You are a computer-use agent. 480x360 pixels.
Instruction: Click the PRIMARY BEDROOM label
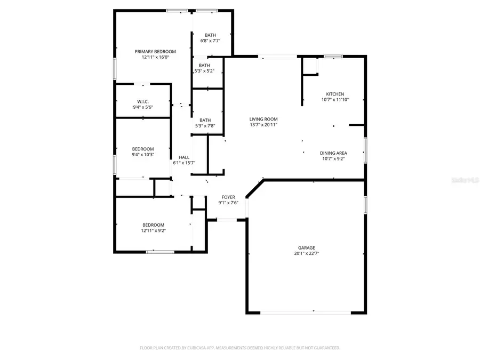coord(155,52)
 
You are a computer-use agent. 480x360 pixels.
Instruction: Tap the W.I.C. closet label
coord(142,101)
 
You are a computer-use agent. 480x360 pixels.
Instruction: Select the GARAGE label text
coord(307,247)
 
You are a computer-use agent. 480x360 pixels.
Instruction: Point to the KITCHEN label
coord(335,94)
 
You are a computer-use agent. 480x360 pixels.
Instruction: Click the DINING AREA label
coord(334,153)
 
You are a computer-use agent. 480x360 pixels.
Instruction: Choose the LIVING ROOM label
coord(263,119)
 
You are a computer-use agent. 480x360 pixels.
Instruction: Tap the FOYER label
coord(228,197)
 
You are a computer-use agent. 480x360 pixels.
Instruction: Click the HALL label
coord(184,157)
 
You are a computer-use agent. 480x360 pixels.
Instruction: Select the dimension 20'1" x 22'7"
coord(307,253)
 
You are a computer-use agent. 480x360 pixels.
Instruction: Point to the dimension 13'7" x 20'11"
coord(263,125)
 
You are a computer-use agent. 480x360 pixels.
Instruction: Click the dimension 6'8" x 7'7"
coord(210,41)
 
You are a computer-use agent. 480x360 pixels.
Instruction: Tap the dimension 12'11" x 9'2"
coord(153,231)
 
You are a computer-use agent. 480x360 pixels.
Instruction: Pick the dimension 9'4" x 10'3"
coord(143,155)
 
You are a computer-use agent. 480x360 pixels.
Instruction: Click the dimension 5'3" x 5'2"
coord(204,71)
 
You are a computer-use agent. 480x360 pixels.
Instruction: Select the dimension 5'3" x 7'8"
coord(205,126)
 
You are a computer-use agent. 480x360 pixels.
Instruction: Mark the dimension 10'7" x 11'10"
coord(335,100)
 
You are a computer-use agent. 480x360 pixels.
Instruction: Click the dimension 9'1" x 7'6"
coord(228,203)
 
